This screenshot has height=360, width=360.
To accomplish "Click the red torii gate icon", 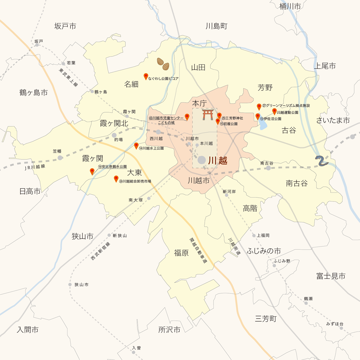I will point(208,115).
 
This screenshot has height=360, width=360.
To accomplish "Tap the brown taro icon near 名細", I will point(163,64).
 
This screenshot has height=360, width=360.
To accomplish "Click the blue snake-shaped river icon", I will point(322,160).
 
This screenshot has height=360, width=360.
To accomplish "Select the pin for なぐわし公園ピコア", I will point(146,76).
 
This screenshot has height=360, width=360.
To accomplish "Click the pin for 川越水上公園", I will point(136,146).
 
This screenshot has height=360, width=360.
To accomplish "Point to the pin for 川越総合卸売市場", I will point(116,179).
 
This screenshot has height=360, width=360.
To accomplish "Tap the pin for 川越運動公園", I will point(274,111).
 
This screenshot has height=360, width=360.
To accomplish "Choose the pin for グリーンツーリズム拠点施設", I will point(259,106).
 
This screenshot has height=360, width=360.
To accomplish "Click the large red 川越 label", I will point(218,160).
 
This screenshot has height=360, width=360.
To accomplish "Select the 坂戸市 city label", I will point(65,26).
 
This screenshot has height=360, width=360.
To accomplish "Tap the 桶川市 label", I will point(290,6).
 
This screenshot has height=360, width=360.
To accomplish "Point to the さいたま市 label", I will point(333,120).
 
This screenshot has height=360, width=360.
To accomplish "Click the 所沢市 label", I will point(169,330).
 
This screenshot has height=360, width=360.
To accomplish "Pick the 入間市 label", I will point(28,330).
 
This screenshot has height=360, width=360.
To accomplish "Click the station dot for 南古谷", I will point(268,168).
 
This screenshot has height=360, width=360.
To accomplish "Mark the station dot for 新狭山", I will point(109,235).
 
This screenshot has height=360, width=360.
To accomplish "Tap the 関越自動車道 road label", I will point(198,250).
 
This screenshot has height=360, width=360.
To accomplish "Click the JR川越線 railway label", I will point(35,167).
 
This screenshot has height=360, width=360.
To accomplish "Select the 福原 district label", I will point(181,253).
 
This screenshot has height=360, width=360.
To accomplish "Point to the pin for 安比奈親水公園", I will point(92,171).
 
